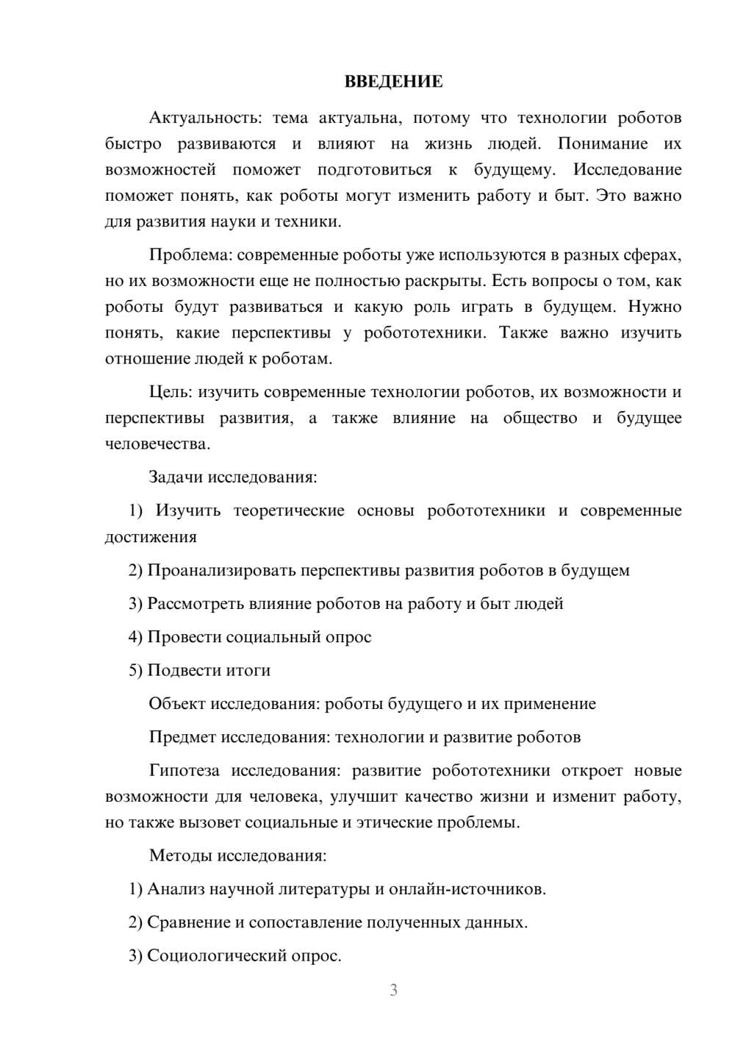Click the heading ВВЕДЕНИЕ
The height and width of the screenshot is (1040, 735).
tap(393, 82)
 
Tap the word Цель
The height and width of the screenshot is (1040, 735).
tap(171, 392)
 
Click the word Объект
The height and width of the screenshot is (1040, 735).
tap(177, 704)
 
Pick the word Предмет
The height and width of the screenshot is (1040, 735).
tap(182, 737)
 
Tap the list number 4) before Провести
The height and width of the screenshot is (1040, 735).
tap(135, 637)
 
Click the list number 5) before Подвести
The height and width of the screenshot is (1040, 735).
tap(135, 670)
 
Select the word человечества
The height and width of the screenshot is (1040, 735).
tap(157, 444)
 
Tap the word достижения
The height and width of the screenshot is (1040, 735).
tap(151, 537)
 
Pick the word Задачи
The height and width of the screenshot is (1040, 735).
tap(176, 477)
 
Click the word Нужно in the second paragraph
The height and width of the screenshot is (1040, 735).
tap(653, 307)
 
